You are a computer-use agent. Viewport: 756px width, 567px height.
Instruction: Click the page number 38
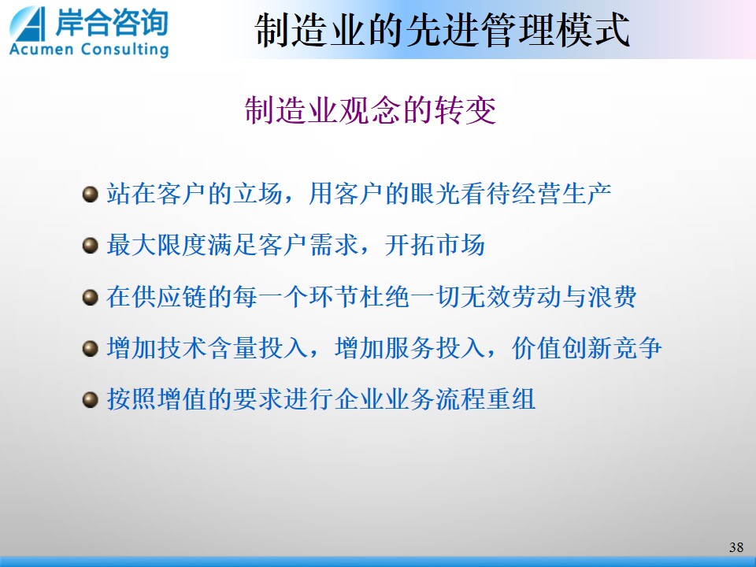736,547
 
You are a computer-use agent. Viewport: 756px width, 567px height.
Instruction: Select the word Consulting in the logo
124,50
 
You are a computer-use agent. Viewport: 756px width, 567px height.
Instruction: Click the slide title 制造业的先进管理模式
442,30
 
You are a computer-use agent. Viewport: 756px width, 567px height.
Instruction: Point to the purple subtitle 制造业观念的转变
370,110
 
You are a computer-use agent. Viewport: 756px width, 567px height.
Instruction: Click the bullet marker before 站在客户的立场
90,195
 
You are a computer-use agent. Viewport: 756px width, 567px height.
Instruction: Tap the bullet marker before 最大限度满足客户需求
90,246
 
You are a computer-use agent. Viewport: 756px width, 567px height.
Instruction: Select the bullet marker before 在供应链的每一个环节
90,297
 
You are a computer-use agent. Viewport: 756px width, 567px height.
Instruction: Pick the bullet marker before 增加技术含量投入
90,348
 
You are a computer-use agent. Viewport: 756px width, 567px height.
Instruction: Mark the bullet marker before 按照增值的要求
90,400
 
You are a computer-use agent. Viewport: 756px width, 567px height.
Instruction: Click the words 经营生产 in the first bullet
561,194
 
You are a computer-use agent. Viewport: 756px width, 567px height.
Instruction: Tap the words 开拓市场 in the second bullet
435,245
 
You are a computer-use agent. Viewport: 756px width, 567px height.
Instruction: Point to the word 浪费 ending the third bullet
612,297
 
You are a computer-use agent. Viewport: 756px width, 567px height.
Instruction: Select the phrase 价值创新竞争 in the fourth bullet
587,347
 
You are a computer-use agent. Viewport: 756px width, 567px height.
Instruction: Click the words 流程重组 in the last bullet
486,399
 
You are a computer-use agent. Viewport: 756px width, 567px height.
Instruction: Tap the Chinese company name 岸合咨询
111,22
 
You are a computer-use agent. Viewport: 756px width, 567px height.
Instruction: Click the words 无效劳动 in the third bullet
510,297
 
